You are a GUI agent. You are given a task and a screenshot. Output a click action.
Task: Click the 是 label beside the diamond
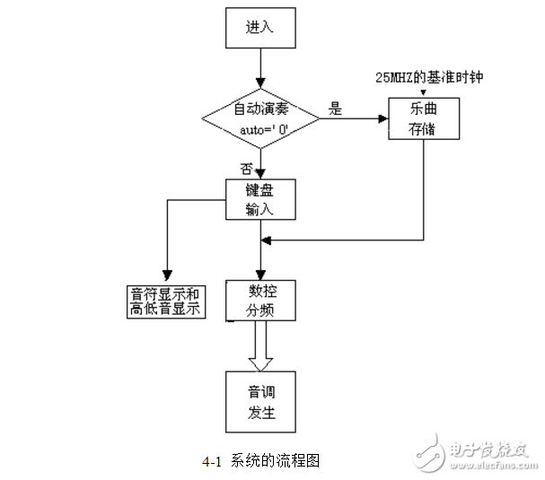coord(337,109)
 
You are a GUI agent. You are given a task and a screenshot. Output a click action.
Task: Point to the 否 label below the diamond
coord(245,168)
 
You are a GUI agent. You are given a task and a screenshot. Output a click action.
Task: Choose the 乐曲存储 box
coord(423,118)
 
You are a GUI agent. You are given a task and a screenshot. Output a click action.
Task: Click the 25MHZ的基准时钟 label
coord(430,77)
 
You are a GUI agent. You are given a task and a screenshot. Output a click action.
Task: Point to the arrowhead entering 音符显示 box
coord(165,275)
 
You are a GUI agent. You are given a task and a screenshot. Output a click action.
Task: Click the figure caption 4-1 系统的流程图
coord(261,461)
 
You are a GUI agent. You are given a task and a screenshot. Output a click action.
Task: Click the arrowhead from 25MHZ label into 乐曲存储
coord(423,92)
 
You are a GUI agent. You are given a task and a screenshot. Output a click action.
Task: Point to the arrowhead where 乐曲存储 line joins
coord(265,240)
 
